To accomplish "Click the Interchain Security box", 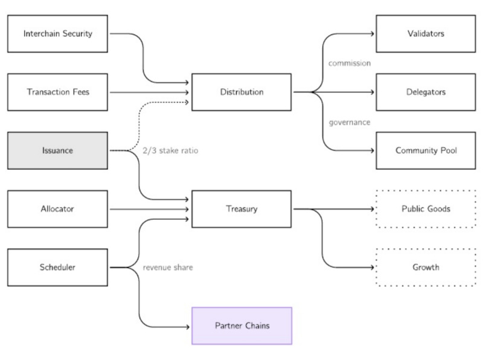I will click(57, 33).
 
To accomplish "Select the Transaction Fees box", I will click(57, 92).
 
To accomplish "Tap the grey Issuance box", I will click(57, 150).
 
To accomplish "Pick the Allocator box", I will click(57, 209).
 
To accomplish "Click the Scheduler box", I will click(57, 267).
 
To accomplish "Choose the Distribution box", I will click(241, 92).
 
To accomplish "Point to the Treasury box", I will click(241, 209).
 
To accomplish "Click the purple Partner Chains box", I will click(241, 326).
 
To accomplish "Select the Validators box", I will click(426, 33).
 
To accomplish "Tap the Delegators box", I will click(426, 92).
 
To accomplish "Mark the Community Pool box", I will click(426, 150).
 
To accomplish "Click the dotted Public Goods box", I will click(426, 209).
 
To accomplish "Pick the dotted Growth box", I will click(426, 267).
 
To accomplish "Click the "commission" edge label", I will click(349, 63).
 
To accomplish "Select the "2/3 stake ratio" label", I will click(170, 150).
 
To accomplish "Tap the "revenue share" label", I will click(168, 267).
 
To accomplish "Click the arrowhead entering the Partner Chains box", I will click(188, 326).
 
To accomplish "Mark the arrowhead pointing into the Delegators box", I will click(373, 92).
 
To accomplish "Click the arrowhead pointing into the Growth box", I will click(373, 267).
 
